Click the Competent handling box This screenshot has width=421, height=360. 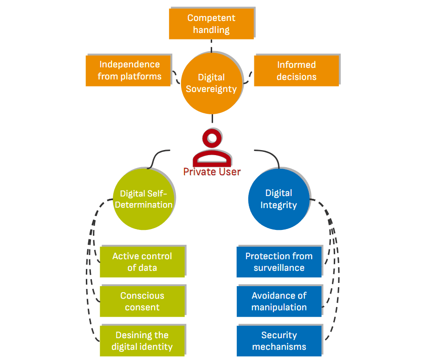(211, 24)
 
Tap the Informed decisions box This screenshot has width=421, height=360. (296, 71)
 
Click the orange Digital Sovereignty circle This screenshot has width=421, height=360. (211, 84)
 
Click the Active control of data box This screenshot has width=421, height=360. (142, 262)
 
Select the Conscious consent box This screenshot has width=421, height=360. (142, 301)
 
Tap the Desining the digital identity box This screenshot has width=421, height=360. (142, 341)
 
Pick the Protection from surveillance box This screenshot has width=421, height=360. (279, 262)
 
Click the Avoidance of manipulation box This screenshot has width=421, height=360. (279, 301)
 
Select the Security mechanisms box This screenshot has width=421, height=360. (279, 341)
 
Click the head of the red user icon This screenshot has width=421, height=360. (212, 138)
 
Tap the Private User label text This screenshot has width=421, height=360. (212, 172)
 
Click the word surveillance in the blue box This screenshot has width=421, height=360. (279, 268)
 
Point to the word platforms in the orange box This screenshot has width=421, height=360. (139, 77)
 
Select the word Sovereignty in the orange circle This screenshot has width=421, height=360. (211, 89)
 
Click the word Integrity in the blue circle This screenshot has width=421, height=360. (279, 205)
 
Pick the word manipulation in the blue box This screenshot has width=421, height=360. (279, 308)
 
